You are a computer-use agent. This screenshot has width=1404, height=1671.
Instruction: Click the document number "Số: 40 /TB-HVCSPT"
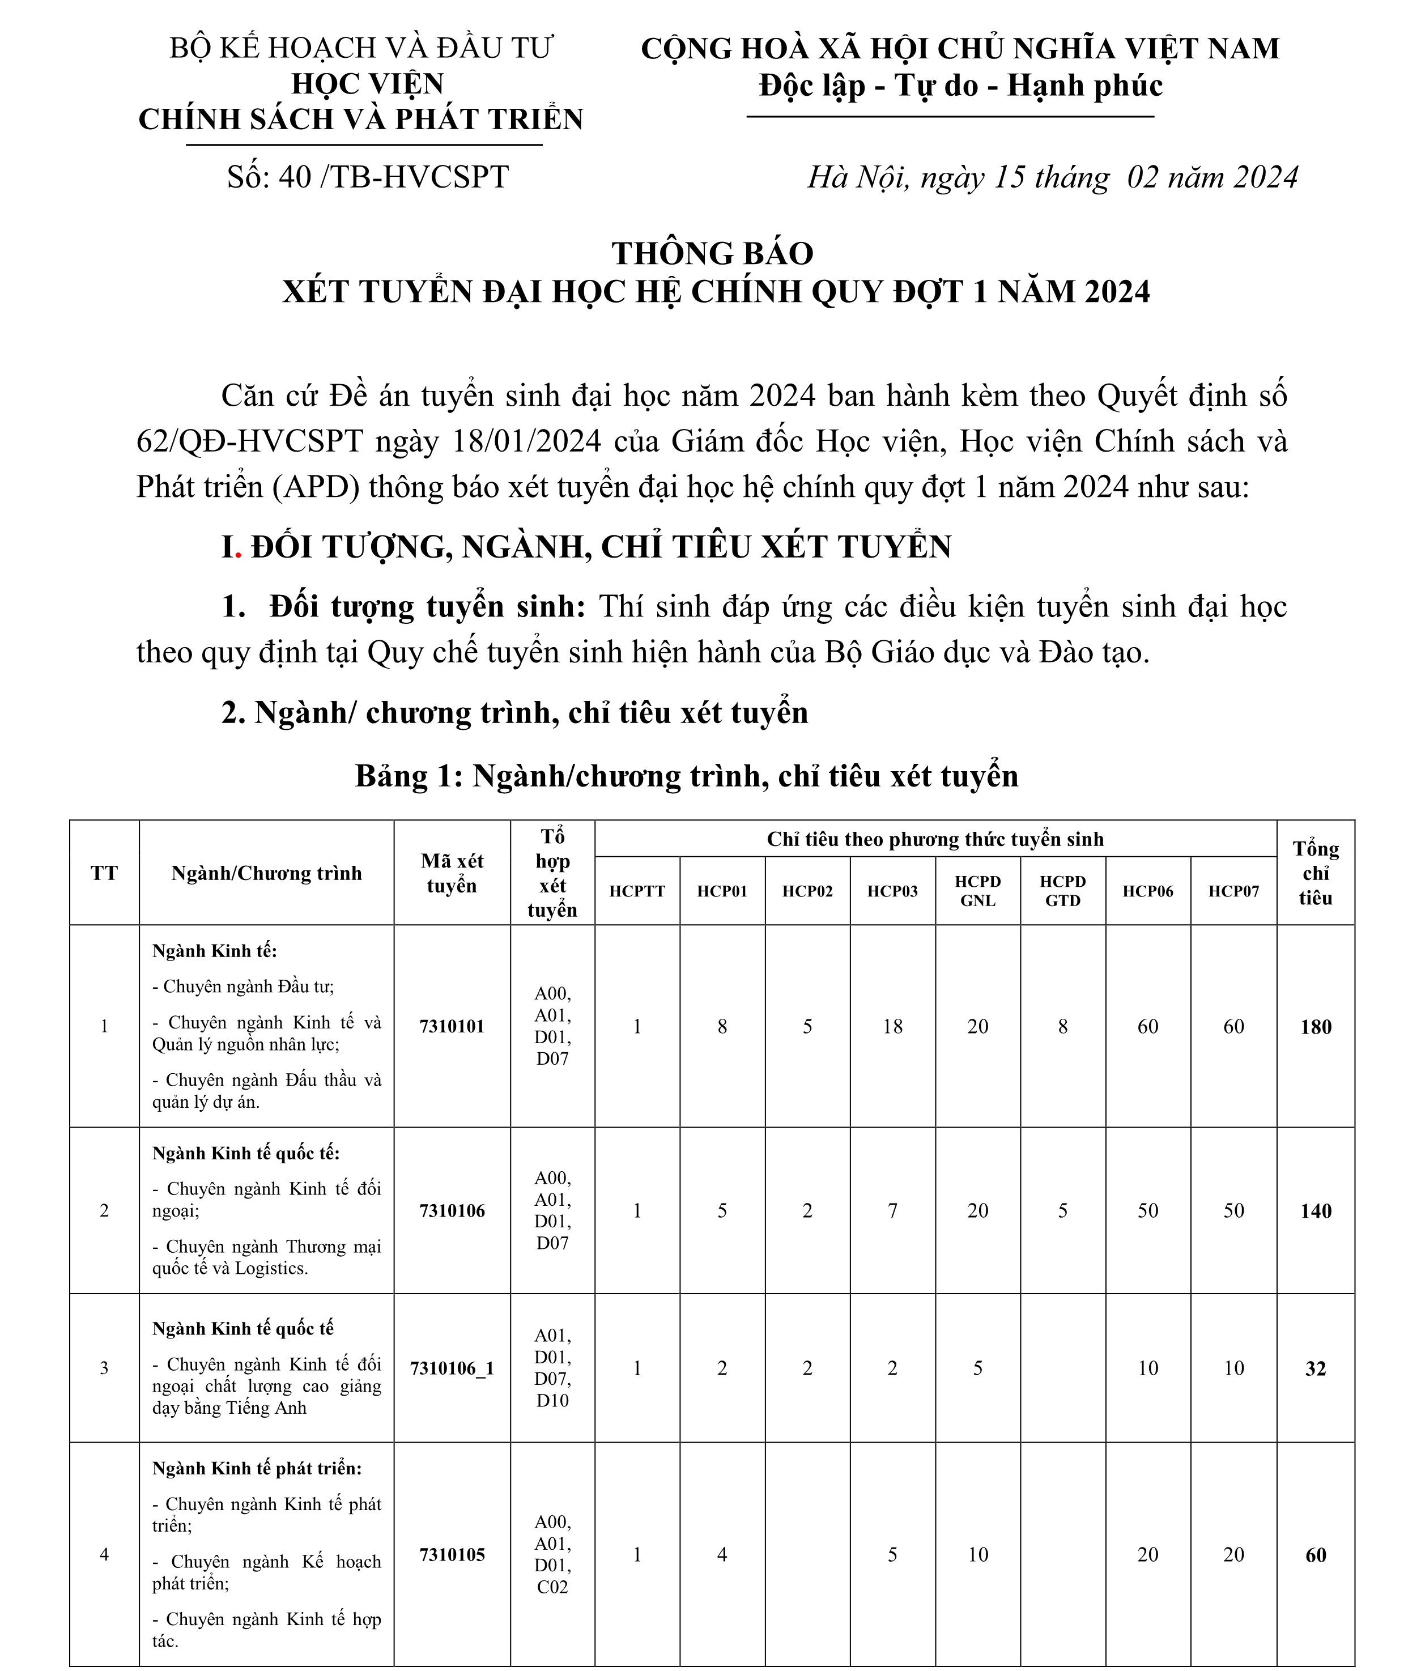[x=367, y=177]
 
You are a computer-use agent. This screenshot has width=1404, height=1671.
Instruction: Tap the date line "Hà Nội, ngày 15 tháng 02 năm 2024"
[x=1052, y=177]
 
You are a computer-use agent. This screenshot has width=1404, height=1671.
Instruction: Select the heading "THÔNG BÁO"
[x=712, y=253]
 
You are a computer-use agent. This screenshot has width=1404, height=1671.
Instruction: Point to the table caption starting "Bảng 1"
[x=686, y=775]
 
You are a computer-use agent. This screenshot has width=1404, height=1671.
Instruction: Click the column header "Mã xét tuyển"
[x=452, y=873]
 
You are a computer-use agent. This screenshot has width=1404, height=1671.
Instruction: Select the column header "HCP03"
[x=892, y=891]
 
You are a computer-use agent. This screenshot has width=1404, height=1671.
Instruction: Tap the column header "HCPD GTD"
[x=1062, y=891]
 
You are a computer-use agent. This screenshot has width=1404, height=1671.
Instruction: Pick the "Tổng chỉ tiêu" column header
[x=1315, y=873]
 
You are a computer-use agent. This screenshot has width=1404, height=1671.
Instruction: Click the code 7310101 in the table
[x=452, y=1026]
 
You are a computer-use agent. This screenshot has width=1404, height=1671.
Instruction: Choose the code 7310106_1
[x=452, y=1368]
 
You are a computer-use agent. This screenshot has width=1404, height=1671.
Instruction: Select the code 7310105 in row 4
[x=452, y=1554]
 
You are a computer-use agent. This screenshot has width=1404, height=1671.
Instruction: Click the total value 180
[x=1315, y=1027]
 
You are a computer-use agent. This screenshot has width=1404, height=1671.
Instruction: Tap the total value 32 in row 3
[x=1315, y=1368]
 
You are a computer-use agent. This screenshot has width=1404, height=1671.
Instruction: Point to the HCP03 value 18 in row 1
[x=892, y=1027]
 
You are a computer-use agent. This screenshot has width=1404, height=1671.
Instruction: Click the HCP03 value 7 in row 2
[x=892, y=1211]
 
